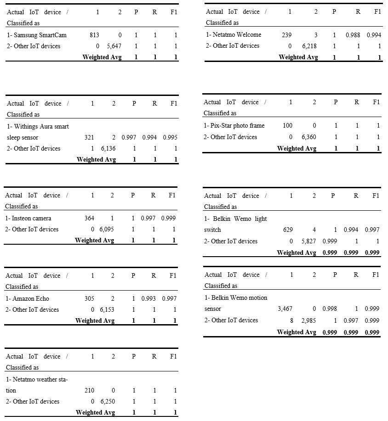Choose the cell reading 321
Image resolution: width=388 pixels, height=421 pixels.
89,137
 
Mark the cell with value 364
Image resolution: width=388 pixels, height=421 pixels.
89,218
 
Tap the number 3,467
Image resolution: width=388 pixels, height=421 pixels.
285,309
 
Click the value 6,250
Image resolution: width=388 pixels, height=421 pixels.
108,401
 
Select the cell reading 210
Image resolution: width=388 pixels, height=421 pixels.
89,390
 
